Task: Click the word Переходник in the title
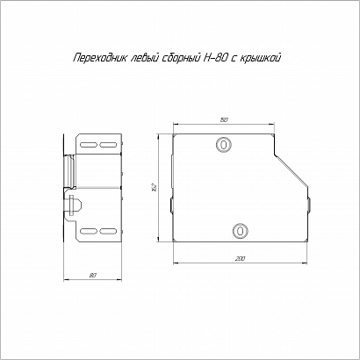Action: coord(99,58)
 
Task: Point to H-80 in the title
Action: coord(216,58)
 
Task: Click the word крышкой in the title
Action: coord(260,58)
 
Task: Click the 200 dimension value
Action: coord(241,259)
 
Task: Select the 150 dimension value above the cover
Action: coord(224,119)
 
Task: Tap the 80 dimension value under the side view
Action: coord(93,276)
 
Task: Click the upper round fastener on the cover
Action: coord(224,145)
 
